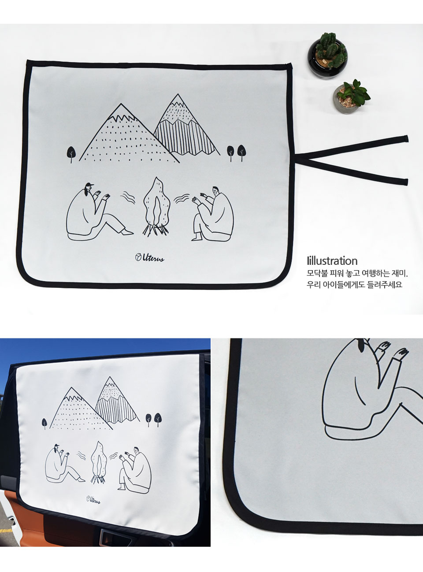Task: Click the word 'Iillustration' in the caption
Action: pos(332,261)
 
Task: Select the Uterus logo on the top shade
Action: pos(150,257)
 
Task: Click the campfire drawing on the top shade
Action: pos(156,206)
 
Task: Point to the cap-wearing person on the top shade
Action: pos(98,211)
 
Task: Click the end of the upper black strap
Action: pos(406,138)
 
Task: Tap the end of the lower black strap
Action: pos(405,182)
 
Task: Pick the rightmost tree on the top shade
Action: pos(241,152)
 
